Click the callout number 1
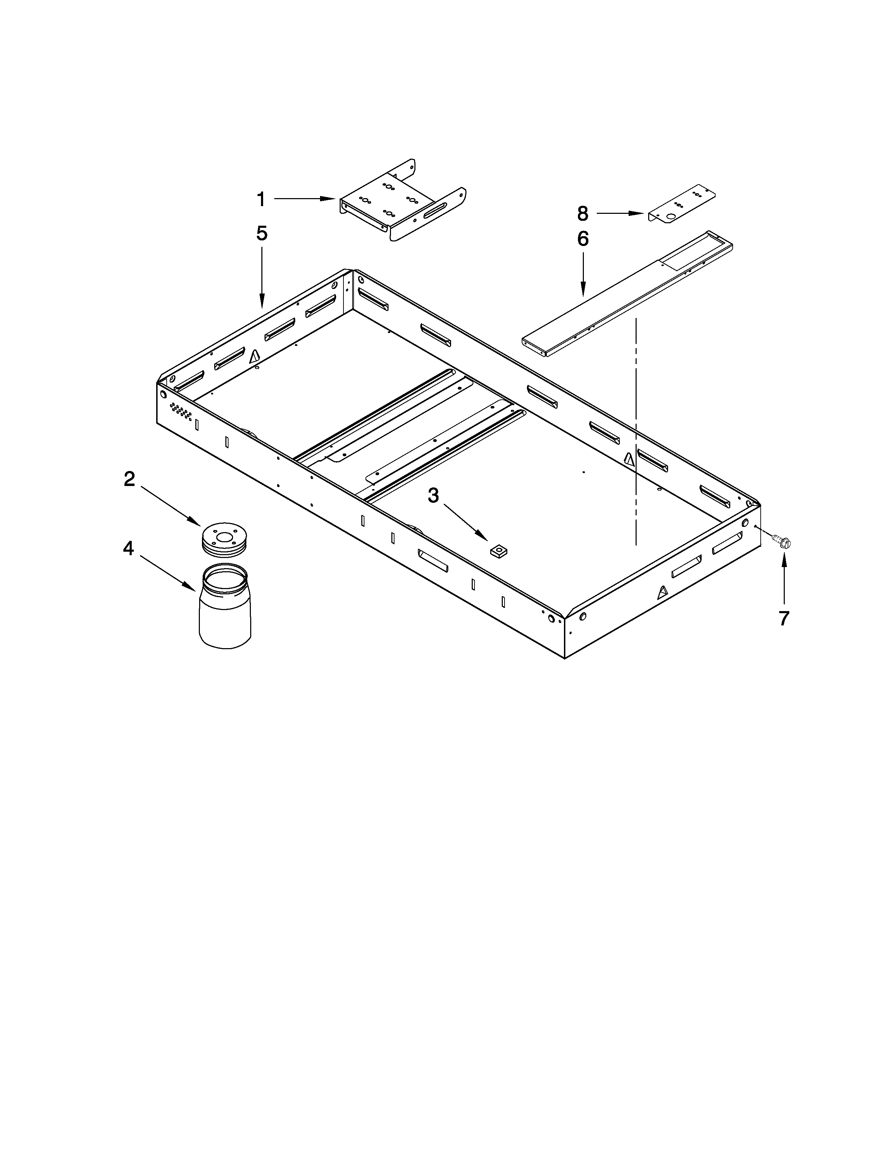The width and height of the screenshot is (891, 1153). pyautogui.click(x=261, y=200)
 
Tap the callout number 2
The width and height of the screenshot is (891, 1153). pyautogui.click(x=129, y=479)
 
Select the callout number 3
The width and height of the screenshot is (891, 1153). pyautogui.click(x=433, y=496)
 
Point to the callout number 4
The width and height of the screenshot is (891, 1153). pyautogui.click(x=128, y=549)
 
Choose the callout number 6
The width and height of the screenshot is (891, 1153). pyautogui.click(x=583, y=239)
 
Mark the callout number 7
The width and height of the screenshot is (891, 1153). pyautogui.click(x=784, y=618)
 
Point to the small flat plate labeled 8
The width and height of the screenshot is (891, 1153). pyautogui.click(x=681, y=203)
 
